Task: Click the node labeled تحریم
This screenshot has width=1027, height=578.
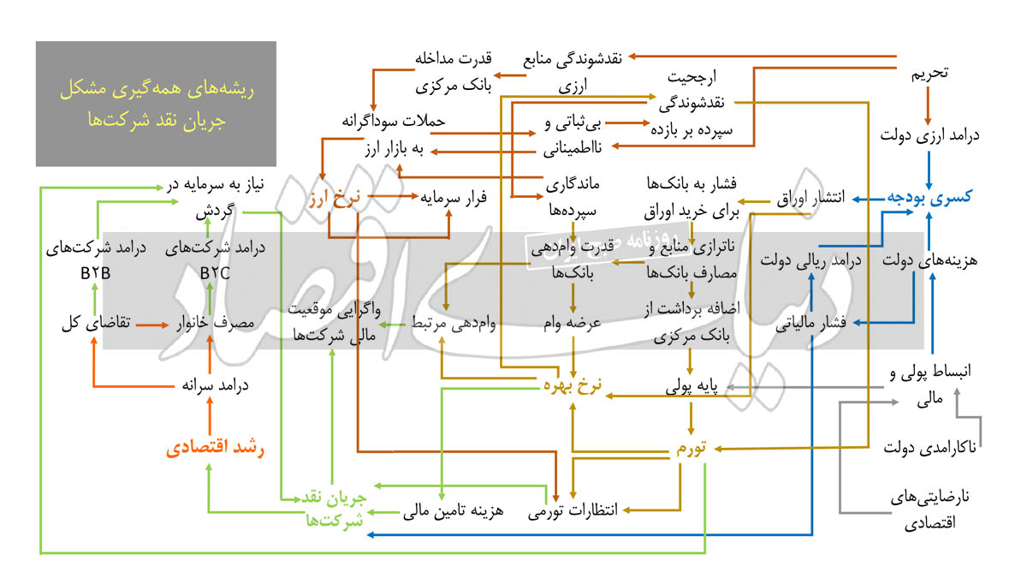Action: click(x=929, y=74)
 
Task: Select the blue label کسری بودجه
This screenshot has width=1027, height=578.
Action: click(x=929, y=197)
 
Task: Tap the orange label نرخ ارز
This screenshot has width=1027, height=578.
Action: click(x=335, y=198)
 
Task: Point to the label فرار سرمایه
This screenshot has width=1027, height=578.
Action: click(x=454, y=198)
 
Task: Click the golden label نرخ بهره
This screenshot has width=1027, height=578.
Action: click(x=573, y=385)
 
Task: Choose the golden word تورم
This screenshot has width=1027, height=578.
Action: click(x=692, y=448)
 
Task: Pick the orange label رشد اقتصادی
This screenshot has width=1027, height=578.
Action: click(x=215, y=447)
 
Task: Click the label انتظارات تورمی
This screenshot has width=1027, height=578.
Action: click(x=573, y=510)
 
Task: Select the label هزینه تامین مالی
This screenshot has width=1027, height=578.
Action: click(x=453, y=510)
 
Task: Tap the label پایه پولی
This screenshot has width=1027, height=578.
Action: click(x=692, y=387)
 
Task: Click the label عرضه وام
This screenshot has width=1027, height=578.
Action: click(x=573, y=324)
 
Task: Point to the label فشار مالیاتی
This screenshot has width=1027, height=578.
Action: click(x=810, y=323)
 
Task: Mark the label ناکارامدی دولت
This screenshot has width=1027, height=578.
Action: click(x=929, y=447)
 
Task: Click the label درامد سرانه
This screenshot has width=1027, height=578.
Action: click(x=215, y=385)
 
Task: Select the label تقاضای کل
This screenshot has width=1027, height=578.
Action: click(x=96, y=323)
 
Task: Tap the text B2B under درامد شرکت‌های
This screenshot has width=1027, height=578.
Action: click(x=95, y=273)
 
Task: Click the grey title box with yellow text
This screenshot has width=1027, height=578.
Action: click(x=156, y=104)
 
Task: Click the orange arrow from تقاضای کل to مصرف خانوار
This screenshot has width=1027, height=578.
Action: click(x=152, y=325)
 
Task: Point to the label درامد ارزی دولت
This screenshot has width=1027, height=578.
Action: click(x=929, y=136)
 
